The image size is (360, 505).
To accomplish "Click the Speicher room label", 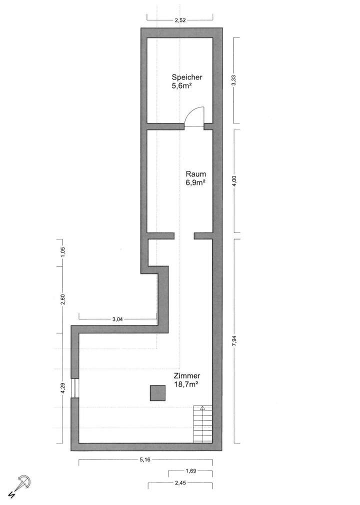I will (186, 77).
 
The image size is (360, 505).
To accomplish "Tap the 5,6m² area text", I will (182, 85).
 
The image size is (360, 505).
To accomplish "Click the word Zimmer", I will (187, 376).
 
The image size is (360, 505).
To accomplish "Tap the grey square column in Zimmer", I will (158, 393).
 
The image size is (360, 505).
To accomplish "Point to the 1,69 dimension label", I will (189, 471).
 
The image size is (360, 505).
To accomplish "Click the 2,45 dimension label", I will (180, 483).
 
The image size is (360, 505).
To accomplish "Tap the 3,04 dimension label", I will (117, 319).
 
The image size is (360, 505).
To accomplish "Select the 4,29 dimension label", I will (62, 388).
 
